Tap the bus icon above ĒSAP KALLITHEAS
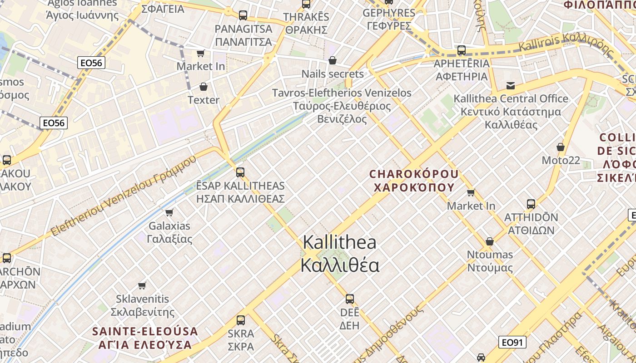click(240, 172)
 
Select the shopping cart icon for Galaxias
click(169, 212)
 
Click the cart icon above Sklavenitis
click(142, 285)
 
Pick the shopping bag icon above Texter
click(203, 87)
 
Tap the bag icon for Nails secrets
click(333, 60)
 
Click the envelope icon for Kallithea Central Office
click(511, 85)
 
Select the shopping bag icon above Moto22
click(561, 147)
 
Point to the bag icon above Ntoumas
click(490, 241)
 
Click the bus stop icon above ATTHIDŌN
click(531, 204)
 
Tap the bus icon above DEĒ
click(349, 299)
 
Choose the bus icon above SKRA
click(241, 320)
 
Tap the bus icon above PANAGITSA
click(243, 15)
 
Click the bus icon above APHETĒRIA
click(462, 50)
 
